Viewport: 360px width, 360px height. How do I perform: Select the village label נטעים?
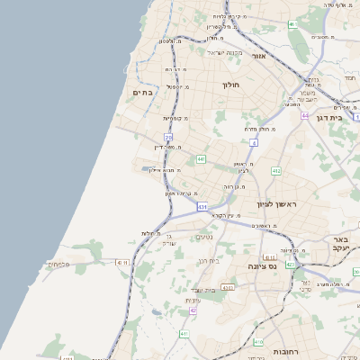tap(204, 237)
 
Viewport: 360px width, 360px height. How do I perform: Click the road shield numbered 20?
tap(168, 137)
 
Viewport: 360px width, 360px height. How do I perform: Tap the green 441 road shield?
tap(201, 158)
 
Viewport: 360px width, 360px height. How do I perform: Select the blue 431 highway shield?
tap(202, 206)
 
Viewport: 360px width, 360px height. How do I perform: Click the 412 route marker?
tap(275, 170)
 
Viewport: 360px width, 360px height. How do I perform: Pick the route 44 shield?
tap(305, 116)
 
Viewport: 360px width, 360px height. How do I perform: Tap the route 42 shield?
tap(193, 310)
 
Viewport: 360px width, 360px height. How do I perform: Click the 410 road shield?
tap(258, 342)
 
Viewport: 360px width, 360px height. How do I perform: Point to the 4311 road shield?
tap(123, 262)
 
